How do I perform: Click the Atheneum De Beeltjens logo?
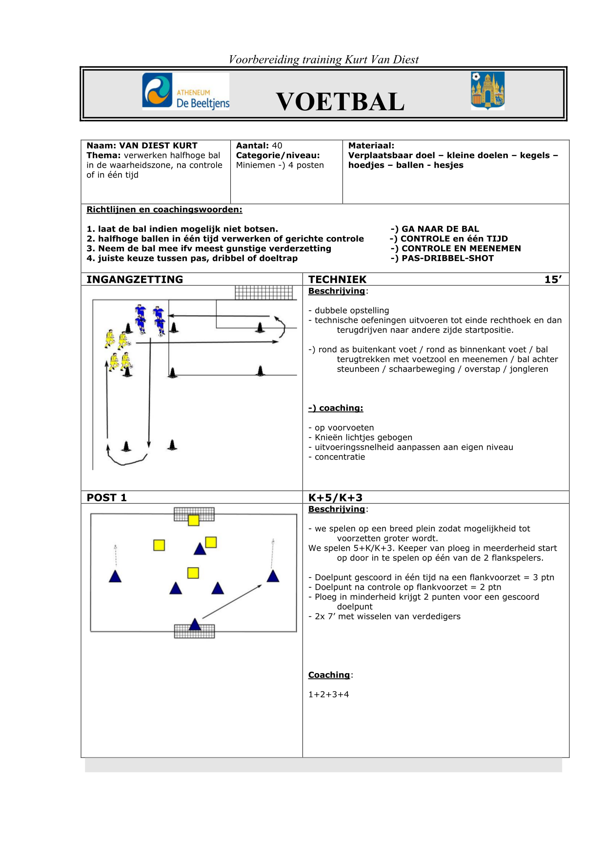click(185, 91)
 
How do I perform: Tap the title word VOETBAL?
click(340, 101)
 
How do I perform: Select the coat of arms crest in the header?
click(487, 91)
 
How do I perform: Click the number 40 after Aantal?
click(277, 146)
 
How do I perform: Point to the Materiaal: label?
click(371, 146)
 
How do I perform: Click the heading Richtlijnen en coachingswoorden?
click(164, 210)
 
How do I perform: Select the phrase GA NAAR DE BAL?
click(440, 229)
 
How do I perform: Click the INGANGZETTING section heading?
click(135, 279)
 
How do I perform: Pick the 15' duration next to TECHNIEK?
click(553, 279)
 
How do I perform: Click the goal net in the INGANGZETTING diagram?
click(264, 292)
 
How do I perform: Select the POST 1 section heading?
click(106, 498)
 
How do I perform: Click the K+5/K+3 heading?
click(335, 498)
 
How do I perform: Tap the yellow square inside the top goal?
click(194, 520)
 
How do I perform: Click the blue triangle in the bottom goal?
click(195, 624)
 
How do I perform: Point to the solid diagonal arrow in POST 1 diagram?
click(232, 601)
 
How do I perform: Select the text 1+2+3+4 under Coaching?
click(328, 695)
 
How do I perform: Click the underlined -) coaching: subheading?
click(336, 408)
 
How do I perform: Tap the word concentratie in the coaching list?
click(340, 457)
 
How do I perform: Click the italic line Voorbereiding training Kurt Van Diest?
click(323, 60)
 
